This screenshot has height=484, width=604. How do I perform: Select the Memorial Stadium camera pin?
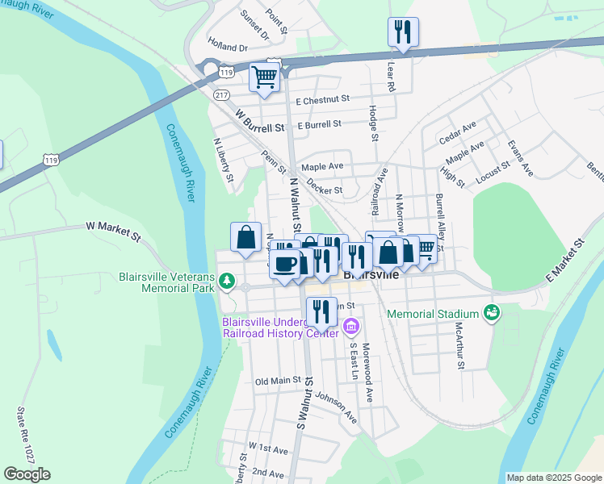[491, 311]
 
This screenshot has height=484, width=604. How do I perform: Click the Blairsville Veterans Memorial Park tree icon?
[229, 280]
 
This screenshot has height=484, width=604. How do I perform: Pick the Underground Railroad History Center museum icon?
[350, 326]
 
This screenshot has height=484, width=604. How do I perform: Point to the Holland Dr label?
[227, 48]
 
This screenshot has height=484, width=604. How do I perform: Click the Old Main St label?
[278, 381]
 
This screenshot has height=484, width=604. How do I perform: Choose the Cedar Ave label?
[457, 132]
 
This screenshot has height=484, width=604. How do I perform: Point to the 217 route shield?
[221, 94]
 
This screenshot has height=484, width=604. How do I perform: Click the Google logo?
[27, 474]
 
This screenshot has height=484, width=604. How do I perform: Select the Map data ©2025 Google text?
[554, 478]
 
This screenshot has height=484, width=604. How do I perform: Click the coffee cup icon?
[284, 264]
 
